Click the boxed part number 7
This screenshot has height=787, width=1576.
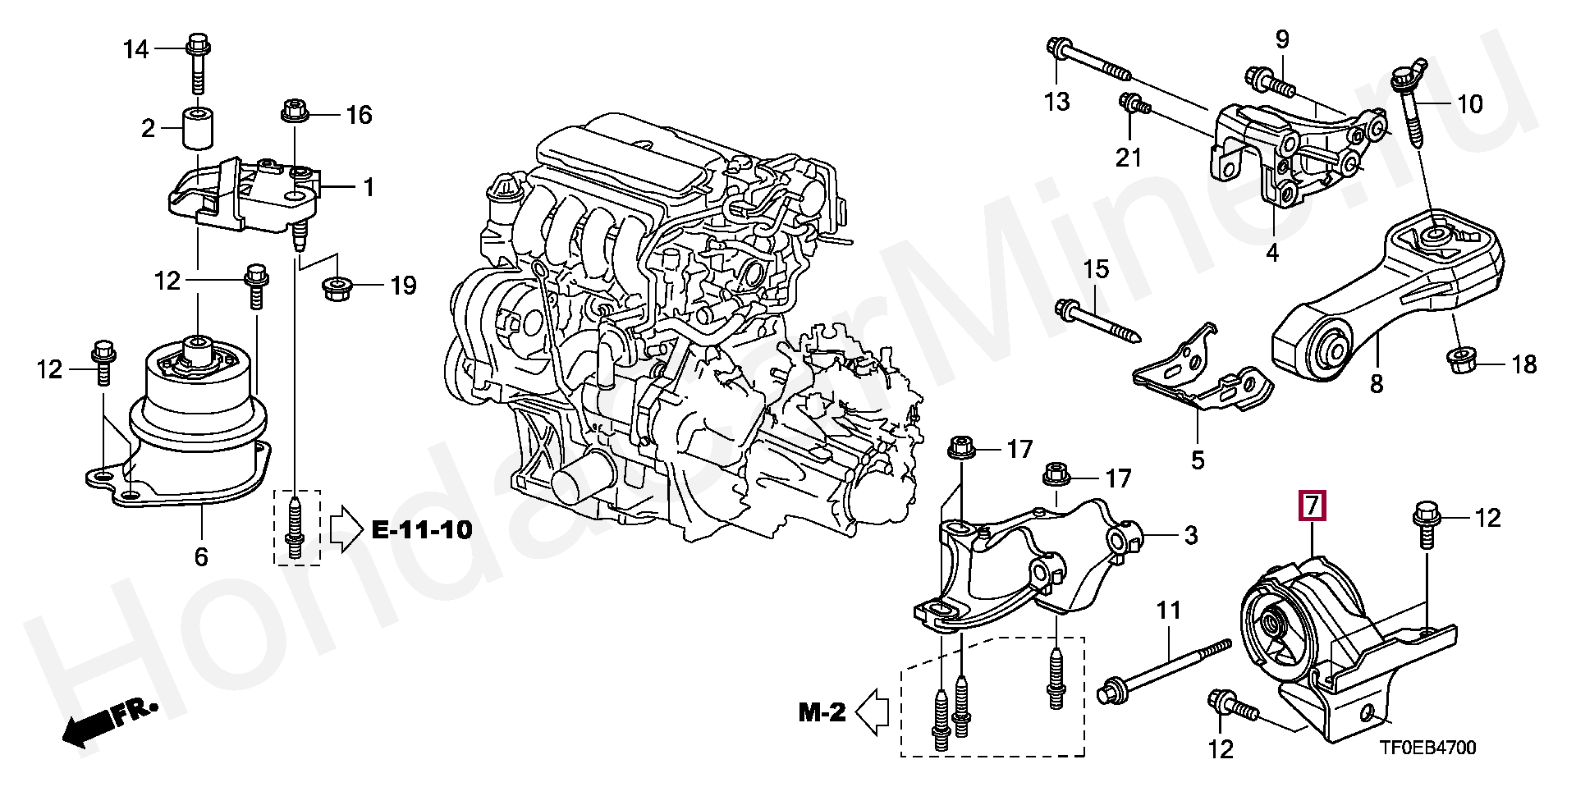point(1311,506)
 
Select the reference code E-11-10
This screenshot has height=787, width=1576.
point(422,530)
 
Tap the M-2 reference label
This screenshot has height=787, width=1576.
point(822,712)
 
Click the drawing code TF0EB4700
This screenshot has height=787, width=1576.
point(1427,748)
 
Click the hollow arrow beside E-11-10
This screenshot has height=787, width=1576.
point(346,529)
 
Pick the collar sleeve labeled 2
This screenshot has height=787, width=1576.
point(198,127)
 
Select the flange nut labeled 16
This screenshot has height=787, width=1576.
point(295,111)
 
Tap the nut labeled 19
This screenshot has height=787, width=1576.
point(335,288)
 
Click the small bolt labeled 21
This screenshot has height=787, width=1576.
point(1134,104)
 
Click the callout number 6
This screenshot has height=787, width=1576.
point(201,557)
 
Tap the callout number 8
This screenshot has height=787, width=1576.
point(1377,383)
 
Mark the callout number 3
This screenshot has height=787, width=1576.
point(1190,536)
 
